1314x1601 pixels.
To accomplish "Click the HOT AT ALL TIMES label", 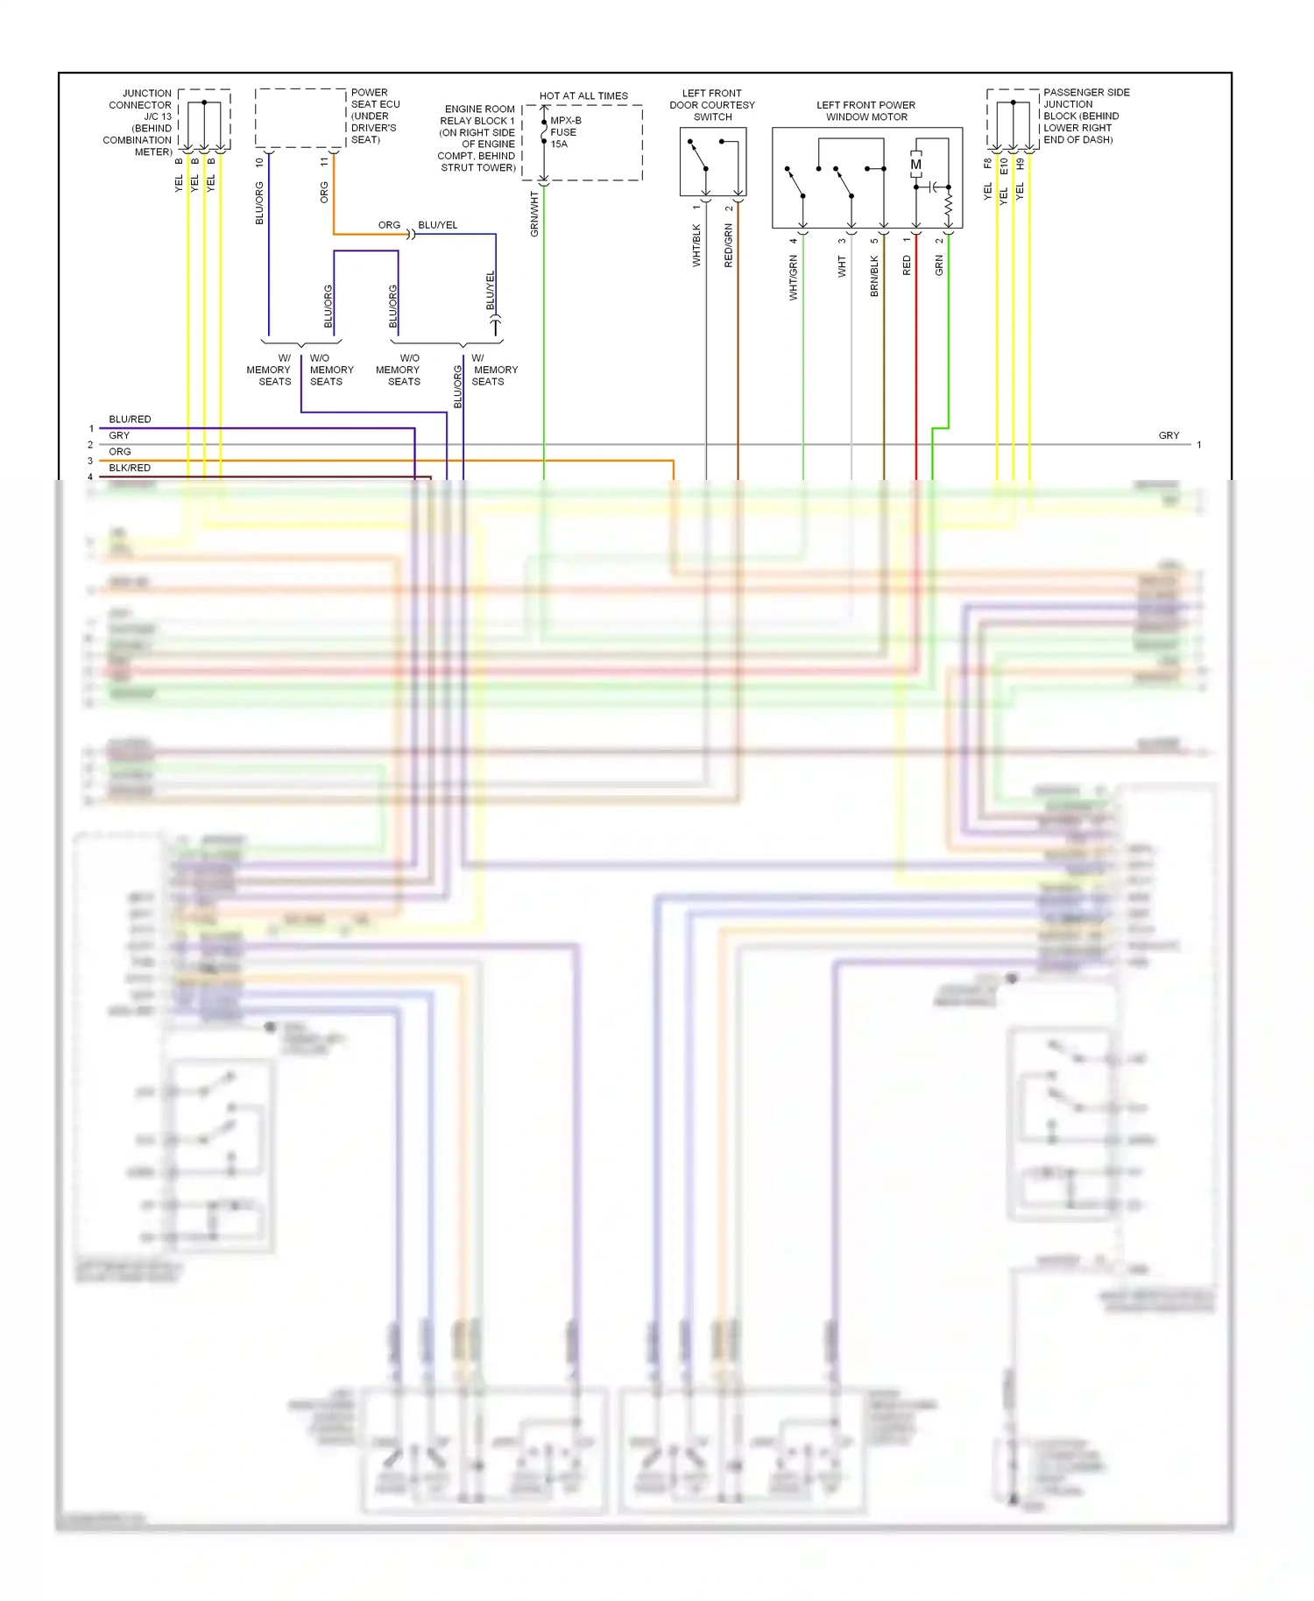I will [583, 96].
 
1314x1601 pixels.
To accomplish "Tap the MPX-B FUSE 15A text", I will [564, 132].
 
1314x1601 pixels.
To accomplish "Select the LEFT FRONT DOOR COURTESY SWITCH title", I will [712, 105].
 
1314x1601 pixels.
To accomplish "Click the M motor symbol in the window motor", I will [916, 165].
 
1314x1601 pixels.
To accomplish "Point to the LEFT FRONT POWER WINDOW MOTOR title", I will [866, 111].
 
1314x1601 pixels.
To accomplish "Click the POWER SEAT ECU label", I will [375, 116].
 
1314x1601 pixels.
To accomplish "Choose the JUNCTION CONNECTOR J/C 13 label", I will [138, 123].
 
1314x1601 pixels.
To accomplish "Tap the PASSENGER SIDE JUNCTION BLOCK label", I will [1085, 116].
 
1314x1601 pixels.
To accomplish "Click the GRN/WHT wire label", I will [534, 215].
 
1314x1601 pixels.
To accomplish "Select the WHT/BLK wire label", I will [696, 245].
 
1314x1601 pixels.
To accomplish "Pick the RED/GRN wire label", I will [728, 245].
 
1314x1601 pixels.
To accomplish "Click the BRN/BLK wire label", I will [874, 276].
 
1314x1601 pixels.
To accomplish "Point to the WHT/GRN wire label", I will [794, 278].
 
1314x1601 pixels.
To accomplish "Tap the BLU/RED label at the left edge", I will [130, 420].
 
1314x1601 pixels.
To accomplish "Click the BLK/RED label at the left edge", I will [130, 468].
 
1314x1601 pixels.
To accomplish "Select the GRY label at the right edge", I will [1169, 435].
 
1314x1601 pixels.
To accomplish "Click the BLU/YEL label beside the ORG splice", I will [438, 225].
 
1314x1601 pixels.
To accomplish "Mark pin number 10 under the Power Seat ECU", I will [259, 162].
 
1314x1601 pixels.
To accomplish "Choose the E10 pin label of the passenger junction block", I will [1004, 166].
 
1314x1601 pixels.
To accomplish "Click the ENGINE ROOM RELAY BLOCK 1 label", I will [477, 138].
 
